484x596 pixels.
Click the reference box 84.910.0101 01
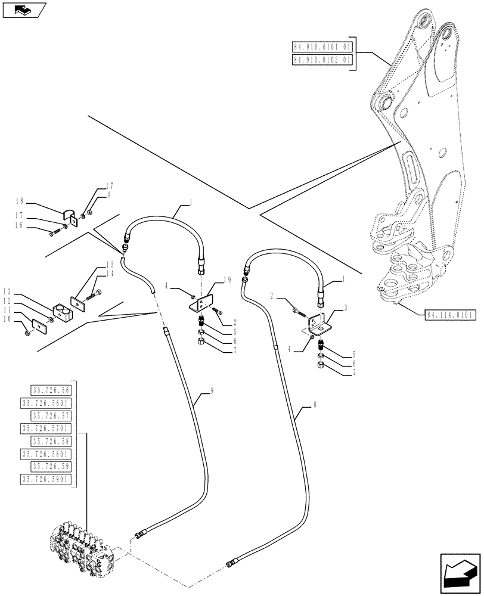(322, 46)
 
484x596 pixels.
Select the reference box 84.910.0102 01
(322, 60)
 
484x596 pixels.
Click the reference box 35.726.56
(49, 390)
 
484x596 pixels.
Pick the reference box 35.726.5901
(46, 479)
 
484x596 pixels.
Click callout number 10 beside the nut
(7, 319)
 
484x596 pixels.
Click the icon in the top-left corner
(23, 10)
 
